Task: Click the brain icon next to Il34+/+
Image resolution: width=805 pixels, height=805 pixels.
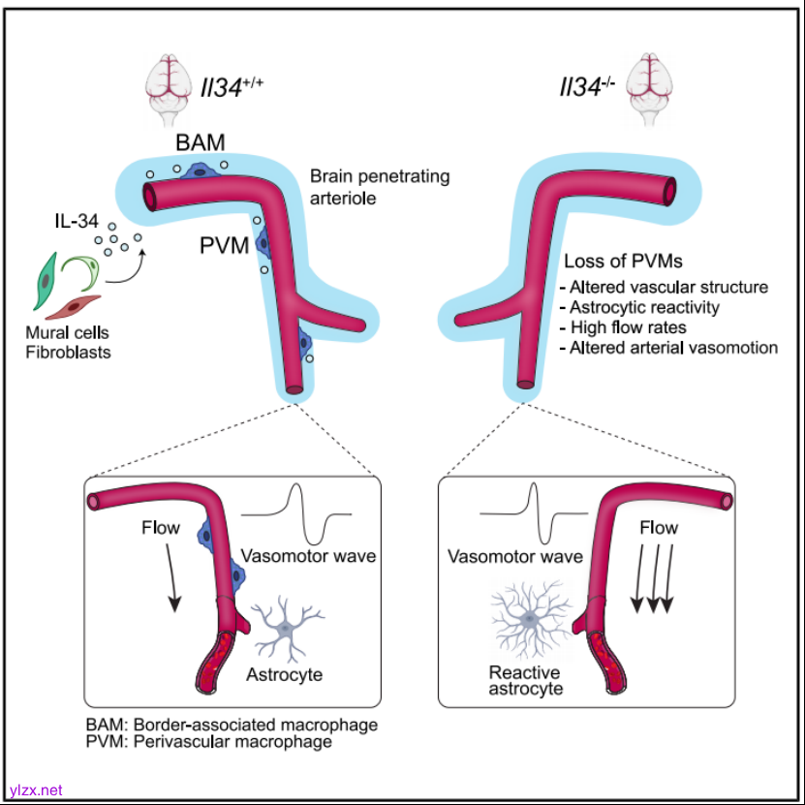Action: click(168, 85)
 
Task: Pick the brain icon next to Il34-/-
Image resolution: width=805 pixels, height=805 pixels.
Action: click(648, 85)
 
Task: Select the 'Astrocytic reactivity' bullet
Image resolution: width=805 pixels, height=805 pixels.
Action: click(645, 307)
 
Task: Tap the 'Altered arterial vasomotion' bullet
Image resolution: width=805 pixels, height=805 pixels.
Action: click(669, 348)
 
